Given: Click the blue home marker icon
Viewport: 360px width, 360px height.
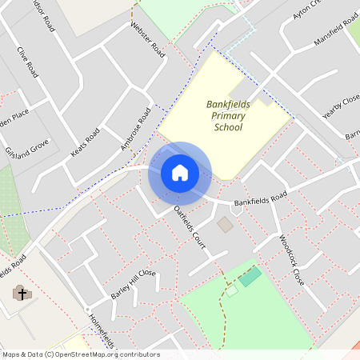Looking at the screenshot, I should pos(179,173).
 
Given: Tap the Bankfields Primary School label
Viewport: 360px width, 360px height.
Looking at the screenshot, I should pos(226,116).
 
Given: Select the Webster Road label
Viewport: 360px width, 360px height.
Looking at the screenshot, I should pos(147,39).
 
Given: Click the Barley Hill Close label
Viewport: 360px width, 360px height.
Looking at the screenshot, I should pos(133,284).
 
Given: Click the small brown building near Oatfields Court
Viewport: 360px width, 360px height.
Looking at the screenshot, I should pos(226,225).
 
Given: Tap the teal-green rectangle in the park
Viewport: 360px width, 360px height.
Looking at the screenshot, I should pos(250,277).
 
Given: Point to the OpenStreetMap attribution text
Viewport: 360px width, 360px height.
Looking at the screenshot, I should pos(80,354).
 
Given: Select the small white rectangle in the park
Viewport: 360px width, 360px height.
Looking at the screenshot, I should pos(231,291).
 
